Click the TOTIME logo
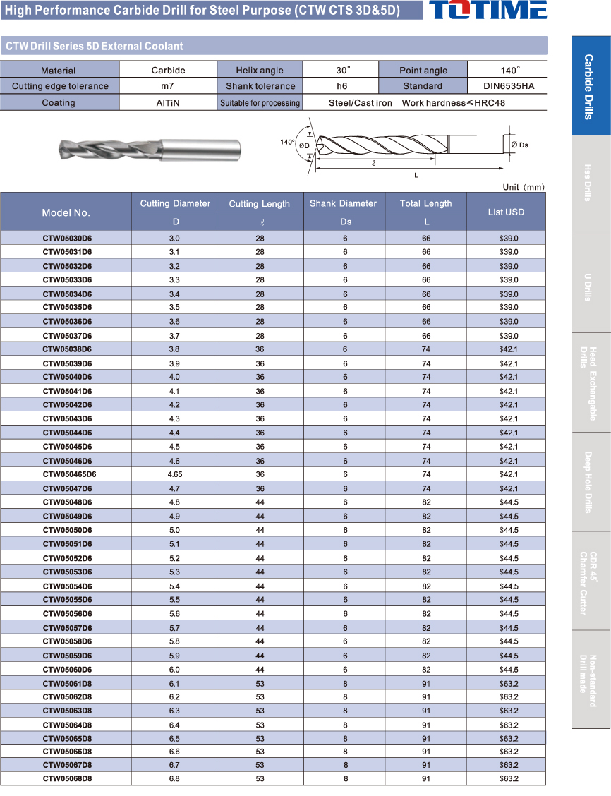click(488, 10)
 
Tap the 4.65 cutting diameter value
click(174, 474)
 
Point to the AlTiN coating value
click(168, 103)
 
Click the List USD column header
click(506, 212)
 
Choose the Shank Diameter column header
click(344, 204)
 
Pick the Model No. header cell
click(66, 212)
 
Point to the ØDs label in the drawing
click(519, 145)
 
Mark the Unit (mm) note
click(524, 187)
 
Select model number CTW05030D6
click(67, 239)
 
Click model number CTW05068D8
click(67, 778)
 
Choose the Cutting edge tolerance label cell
click(60, 86)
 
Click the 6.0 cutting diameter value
click(174, 669)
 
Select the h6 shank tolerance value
click(341, 86)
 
